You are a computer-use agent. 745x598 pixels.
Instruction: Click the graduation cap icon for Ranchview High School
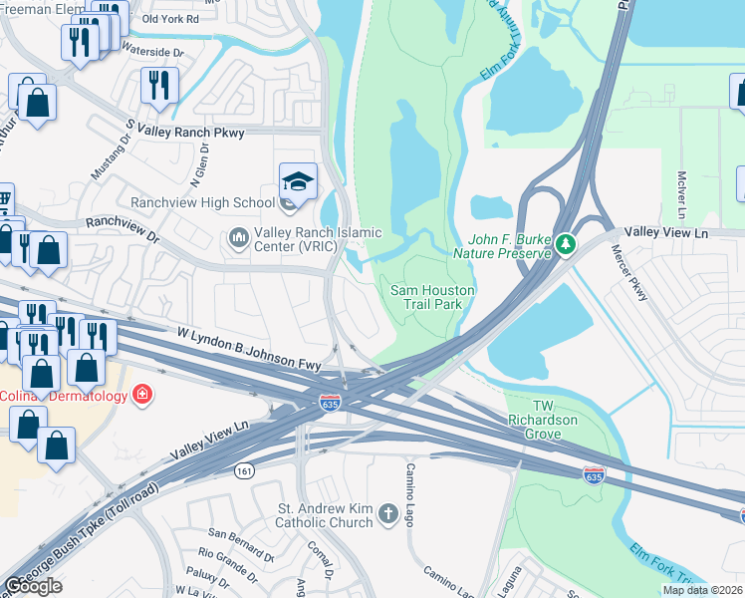click(298, 182)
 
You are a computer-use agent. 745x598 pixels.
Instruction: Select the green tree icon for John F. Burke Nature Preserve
click(566, 243)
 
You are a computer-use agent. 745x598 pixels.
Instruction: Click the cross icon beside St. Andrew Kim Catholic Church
click(386, 515)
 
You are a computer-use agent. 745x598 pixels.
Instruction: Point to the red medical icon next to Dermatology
click(143, 396)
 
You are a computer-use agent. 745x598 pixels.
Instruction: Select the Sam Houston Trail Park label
click(431, 296)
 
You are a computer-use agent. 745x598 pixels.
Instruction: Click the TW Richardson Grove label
click(542, 413)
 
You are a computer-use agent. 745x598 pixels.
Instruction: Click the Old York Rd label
click(171, 19)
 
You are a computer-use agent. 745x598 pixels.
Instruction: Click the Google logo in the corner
click(34, 586)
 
